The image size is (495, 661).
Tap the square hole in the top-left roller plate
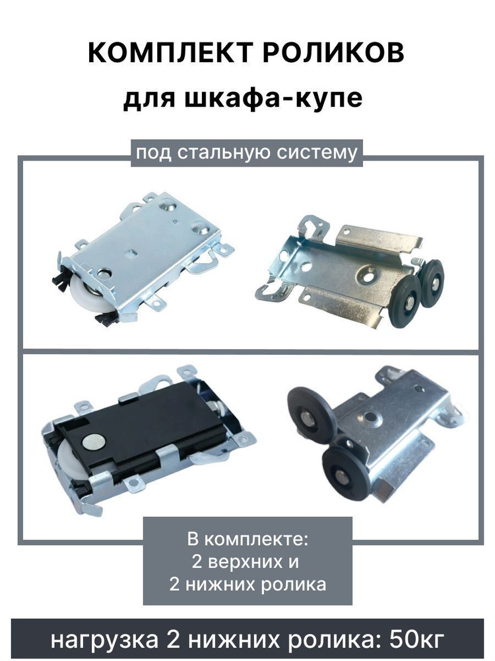(131, 253)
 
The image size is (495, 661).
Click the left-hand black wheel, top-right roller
(406, 302)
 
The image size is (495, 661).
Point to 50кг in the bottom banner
(416, 640)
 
